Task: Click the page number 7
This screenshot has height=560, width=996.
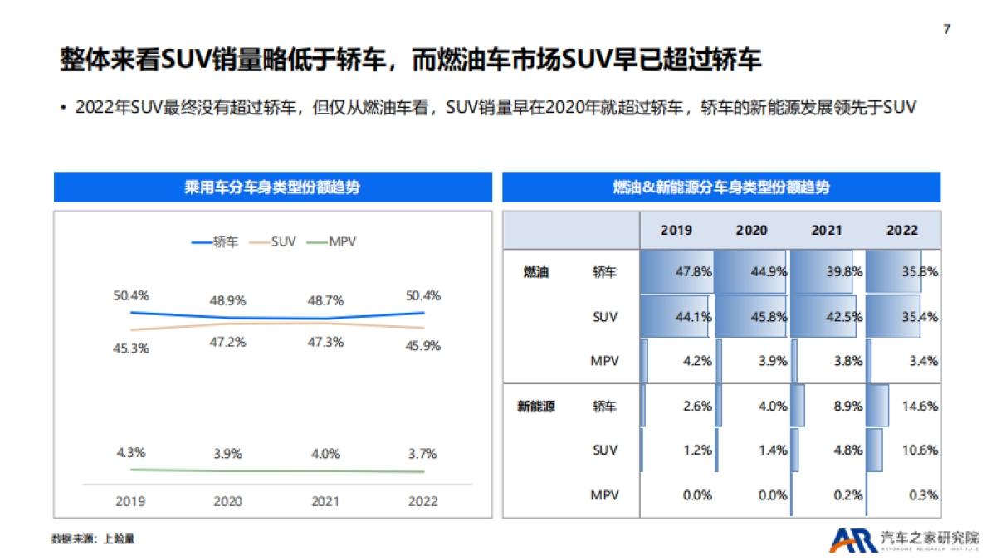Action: click(947, 30)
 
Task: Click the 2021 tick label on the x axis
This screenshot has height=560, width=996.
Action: click(325, 501)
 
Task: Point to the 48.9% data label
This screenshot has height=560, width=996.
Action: click(227, 300)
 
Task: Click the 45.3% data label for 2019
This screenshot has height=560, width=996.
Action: click(131, 348)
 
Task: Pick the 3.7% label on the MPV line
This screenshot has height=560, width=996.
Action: click(423, 454)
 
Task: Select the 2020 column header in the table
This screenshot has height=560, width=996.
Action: click(752, 230)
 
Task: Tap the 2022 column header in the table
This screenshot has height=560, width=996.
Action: click(902, 230)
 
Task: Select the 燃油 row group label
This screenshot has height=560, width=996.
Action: click(536, 271)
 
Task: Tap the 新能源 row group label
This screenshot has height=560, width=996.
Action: click(536, 407)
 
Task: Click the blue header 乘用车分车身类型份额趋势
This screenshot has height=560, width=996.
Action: click(272, 187)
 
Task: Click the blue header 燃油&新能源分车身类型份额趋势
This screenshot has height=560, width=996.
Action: click(720, 187)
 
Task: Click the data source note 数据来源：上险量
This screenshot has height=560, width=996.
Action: click(93, 539)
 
